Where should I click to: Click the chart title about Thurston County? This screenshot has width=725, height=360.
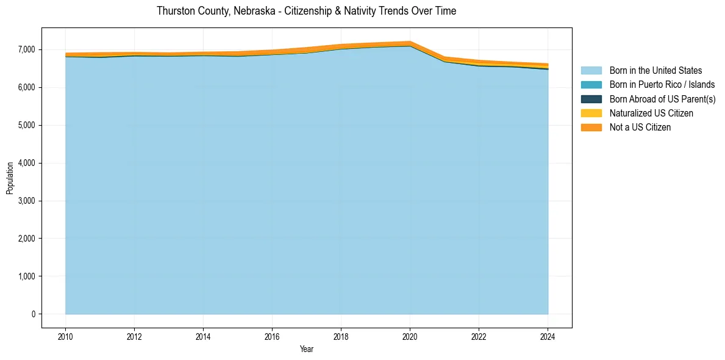[x=306, y=11]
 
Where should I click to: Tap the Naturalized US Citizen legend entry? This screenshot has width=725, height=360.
[x=651, y=113]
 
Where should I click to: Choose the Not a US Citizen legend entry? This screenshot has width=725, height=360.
[x=640, y=127]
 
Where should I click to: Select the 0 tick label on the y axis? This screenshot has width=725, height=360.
[x=34, y=314]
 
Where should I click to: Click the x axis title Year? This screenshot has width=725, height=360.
[x=307, y=349]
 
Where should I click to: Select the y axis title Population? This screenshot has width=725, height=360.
[x=10, y=178]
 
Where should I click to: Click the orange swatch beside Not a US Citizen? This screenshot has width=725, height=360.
[x=591, y=127]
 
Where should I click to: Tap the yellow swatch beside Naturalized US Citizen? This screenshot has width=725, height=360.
[x=591, y=113]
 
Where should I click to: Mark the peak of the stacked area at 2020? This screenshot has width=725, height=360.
[x=410, y=41]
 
